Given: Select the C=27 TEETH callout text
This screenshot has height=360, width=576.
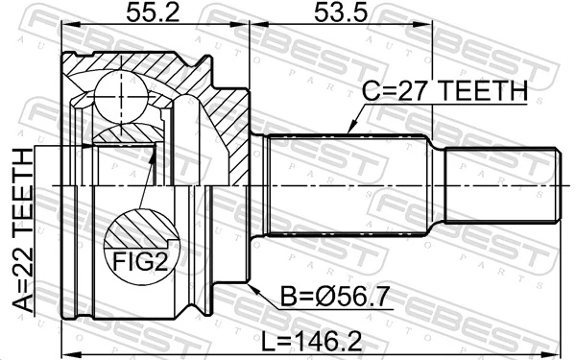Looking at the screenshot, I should (x=444, y=91).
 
